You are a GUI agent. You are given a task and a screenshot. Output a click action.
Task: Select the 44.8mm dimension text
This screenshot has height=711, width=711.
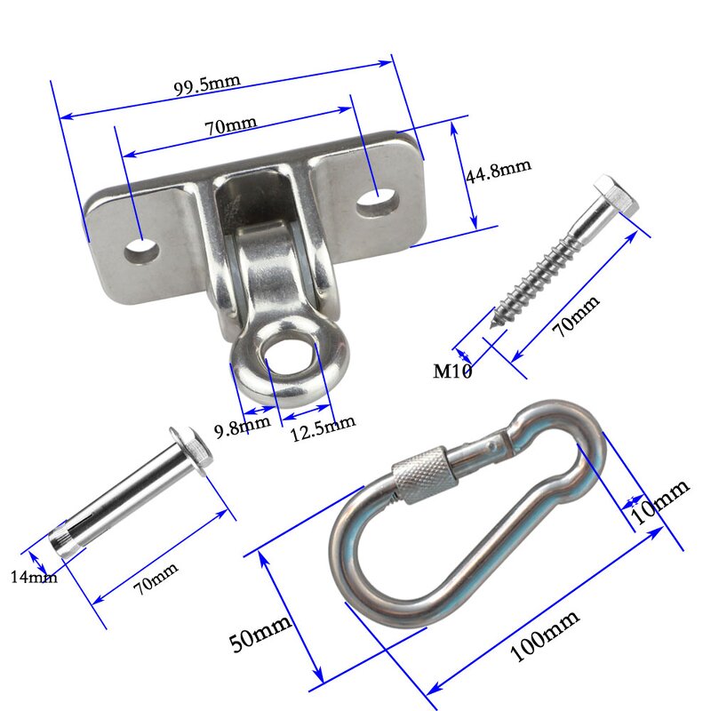[x=498, y=170]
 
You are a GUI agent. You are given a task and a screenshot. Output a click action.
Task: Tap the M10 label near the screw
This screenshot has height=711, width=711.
[x=452, y=371]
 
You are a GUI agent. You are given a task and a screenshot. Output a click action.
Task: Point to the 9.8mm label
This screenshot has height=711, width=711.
[x=242, y=429]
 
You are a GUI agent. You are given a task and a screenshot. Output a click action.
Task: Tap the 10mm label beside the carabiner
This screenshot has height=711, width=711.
[x=659, y=500]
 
